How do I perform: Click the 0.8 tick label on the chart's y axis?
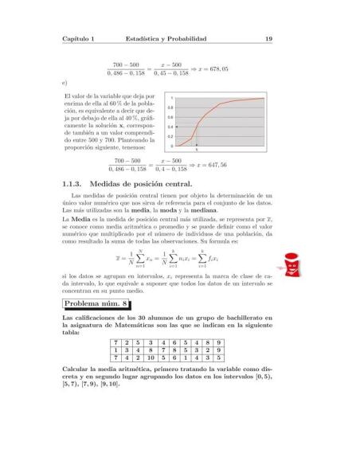tap(172, 107)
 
